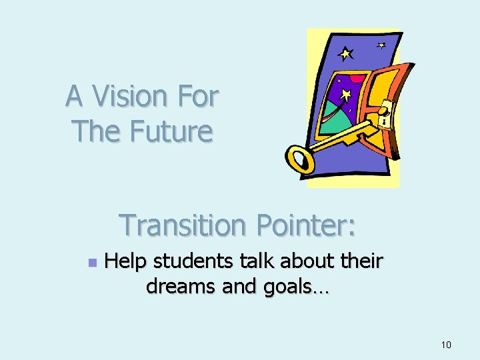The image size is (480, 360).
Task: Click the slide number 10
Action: tap(446, 345)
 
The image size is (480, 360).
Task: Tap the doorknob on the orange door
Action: tap(385, 109)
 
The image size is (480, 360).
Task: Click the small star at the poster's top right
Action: tap(381, 45)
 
